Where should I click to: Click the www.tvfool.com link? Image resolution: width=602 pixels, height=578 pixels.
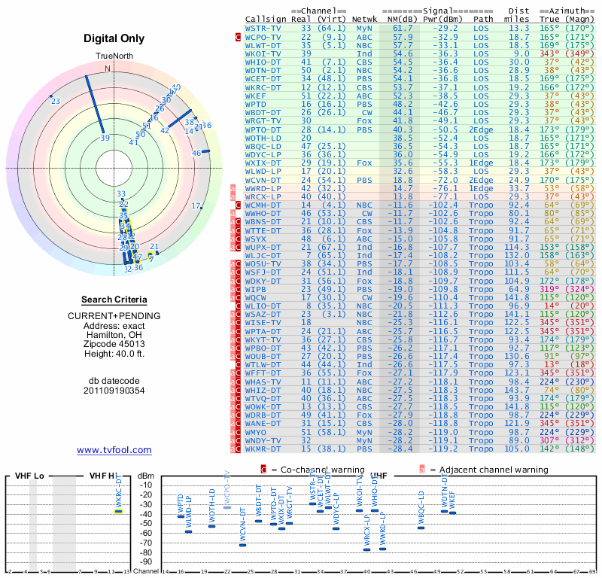coord(114,450)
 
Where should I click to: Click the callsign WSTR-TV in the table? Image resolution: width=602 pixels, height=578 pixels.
coord(263,28)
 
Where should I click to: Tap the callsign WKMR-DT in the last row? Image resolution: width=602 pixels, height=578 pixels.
coord(263,449)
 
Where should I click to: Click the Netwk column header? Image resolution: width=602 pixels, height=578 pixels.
coord(364,18)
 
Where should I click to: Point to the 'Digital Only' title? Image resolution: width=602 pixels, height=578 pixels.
coord(114,38)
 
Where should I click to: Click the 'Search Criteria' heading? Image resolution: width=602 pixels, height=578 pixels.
coord(114,300)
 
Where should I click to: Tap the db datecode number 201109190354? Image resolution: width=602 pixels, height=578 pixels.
coord(114,391)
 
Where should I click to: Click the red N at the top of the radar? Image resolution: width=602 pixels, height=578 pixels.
coord(107,68)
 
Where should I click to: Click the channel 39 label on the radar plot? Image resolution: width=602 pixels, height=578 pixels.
coord(105,138)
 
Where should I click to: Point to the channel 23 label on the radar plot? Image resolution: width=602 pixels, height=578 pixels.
coord(56,102)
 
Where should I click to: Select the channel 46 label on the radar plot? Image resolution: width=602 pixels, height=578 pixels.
coord(196,154)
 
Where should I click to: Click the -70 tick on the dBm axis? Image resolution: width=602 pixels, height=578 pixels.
coord(147,543)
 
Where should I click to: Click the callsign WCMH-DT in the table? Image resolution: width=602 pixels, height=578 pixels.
coord(263,205)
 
